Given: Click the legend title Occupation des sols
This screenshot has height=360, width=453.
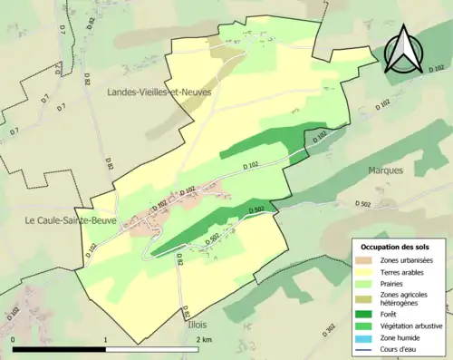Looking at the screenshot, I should tap(396, 247).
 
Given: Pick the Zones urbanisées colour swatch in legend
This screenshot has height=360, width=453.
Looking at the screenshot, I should tap(366, 260).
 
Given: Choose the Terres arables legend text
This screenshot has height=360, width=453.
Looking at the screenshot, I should tap(405, 271).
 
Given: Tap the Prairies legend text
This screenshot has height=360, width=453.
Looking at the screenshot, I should tap(396, 282).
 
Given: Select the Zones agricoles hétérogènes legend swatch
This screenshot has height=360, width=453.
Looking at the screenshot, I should tap(366, 298).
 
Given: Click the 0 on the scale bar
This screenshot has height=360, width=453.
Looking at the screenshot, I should tap(14, 340).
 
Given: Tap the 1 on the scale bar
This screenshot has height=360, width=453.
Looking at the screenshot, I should tap(106, 340).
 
